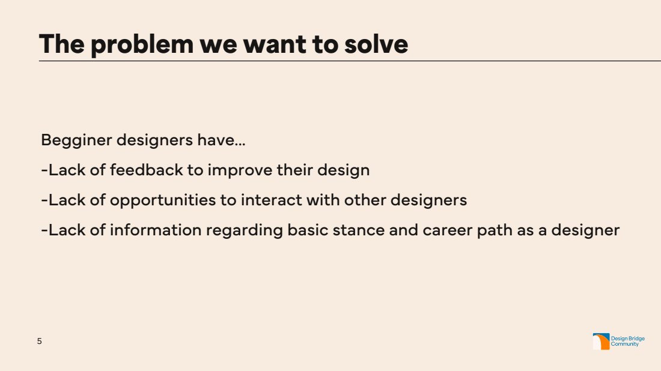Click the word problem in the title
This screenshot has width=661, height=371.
click(142, 44)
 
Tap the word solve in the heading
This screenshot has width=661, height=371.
click(376, 44)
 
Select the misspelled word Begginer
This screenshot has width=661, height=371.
click(76, 140)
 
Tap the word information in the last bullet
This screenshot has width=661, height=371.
click(156, 230)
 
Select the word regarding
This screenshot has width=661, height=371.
click(244, 231)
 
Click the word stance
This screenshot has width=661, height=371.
click(359, 231)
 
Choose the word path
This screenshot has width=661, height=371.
click(495, 231)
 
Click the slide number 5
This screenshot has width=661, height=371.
click(40, 341)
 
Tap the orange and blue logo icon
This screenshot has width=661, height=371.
click(601, 342)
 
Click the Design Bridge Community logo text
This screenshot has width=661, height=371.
click(628, 341)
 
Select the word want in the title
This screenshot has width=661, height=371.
click(275, 44)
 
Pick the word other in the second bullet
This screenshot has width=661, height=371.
click(365, 200)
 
